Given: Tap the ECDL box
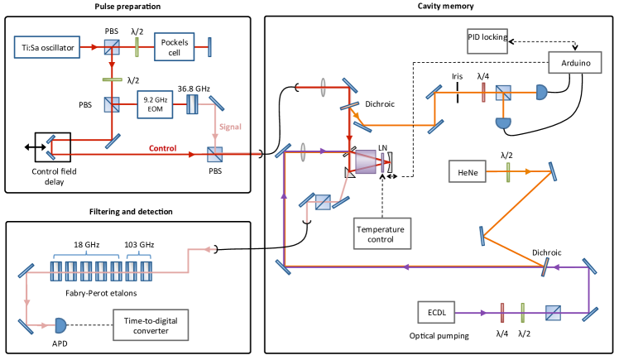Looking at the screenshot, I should (x=442, y=313).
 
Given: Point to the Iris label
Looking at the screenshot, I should (x=457, y=76).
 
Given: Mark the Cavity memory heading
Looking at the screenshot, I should (x=442, y=7).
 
